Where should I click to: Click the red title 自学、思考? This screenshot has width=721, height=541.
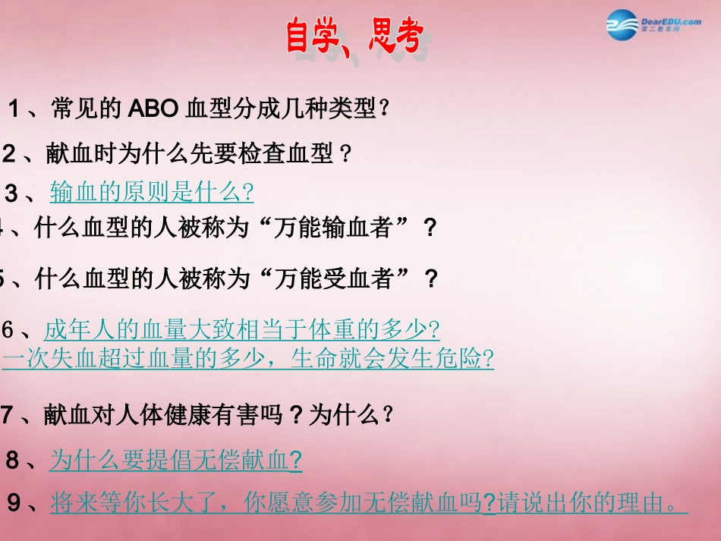coord(354,36)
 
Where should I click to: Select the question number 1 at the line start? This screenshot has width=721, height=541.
coord(13,109)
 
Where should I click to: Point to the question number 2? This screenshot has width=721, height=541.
coord(9,155)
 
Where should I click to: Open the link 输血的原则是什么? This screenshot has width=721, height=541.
coord(152,192)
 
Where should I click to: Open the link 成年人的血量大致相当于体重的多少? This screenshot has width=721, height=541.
coord(241,330)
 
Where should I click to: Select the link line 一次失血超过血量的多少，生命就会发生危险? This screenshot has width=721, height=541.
coord(248,358)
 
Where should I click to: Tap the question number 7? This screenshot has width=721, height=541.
coord(8,416)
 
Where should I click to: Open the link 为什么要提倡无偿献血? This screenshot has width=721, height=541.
coord(176,460)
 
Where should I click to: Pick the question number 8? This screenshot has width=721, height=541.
coord(13,460)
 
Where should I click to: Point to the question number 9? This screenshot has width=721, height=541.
coord(14,502)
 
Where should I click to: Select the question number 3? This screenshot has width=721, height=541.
coord(11,193)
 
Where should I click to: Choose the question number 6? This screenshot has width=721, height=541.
coord(8,330)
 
